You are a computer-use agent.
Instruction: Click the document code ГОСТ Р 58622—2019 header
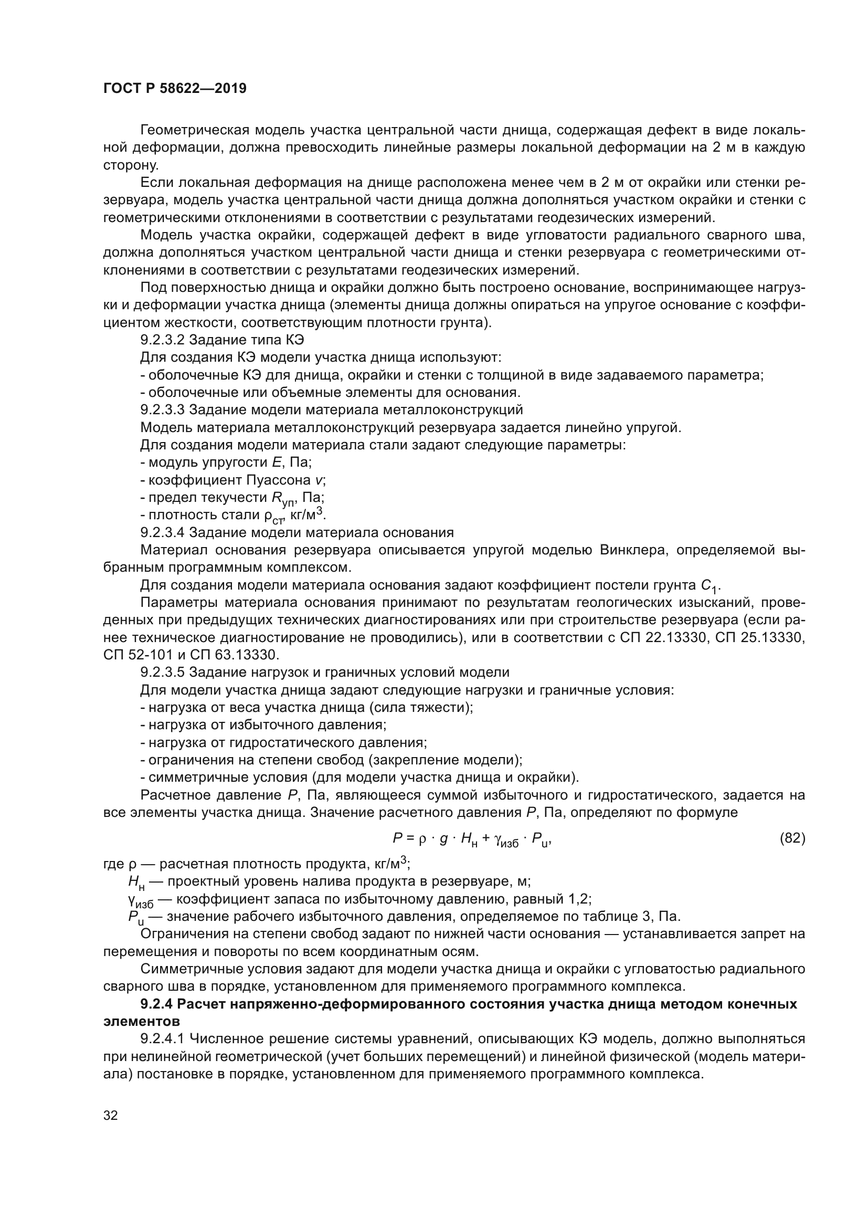175,89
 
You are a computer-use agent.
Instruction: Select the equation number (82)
792,838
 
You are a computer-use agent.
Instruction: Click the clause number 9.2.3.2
163,340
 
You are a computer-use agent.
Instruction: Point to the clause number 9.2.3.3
163,410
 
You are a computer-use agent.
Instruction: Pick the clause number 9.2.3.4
163,533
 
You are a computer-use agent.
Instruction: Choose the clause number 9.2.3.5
163,673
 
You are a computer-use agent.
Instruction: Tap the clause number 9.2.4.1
163,1039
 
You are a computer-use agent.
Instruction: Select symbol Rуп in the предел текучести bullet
283,499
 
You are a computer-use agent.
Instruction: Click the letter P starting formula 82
398,838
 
